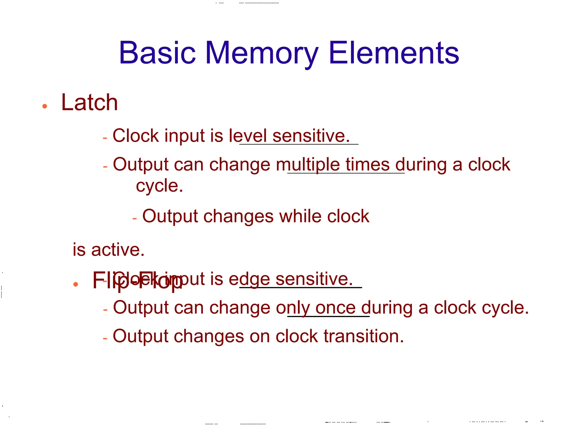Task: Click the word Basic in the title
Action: coord(157,53)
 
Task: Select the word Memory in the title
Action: coord(261,53)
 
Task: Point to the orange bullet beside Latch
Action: coord(45,106)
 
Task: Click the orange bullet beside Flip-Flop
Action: coord(76,284)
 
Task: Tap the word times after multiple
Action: coord(367,165)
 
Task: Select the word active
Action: coord(118,250)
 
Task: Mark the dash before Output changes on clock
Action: coord(105,338)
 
